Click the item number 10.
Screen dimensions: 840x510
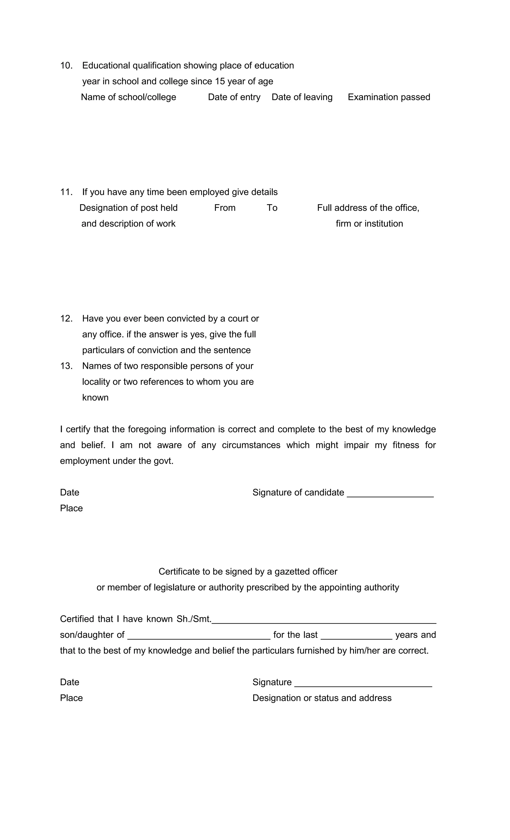pos(66,65)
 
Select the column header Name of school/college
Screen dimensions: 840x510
pos(128,97)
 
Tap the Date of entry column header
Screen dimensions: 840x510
pos(234,97)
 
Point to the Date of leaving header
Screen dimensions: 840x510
pos(302,97)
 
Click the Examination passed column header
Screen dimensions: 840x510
pos(389,97)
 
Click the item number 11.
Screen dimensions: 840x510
pos(66,192)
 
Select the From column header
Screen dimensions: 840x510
pos(225,208)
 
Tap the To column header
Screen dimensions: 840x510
pos(272,208)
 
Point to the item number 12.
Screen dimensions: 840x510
pos(66,319)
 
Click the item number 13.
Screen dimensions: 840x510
pos(66,366)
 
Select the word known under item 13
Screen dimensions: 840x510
pos(95,397)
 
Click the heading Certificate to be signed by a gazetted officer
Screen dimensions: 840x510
pos(248,571)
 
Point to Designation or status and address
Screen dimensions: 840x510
pos(322,698)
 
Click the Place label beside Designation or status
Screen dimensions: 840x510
pos(71,698)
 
